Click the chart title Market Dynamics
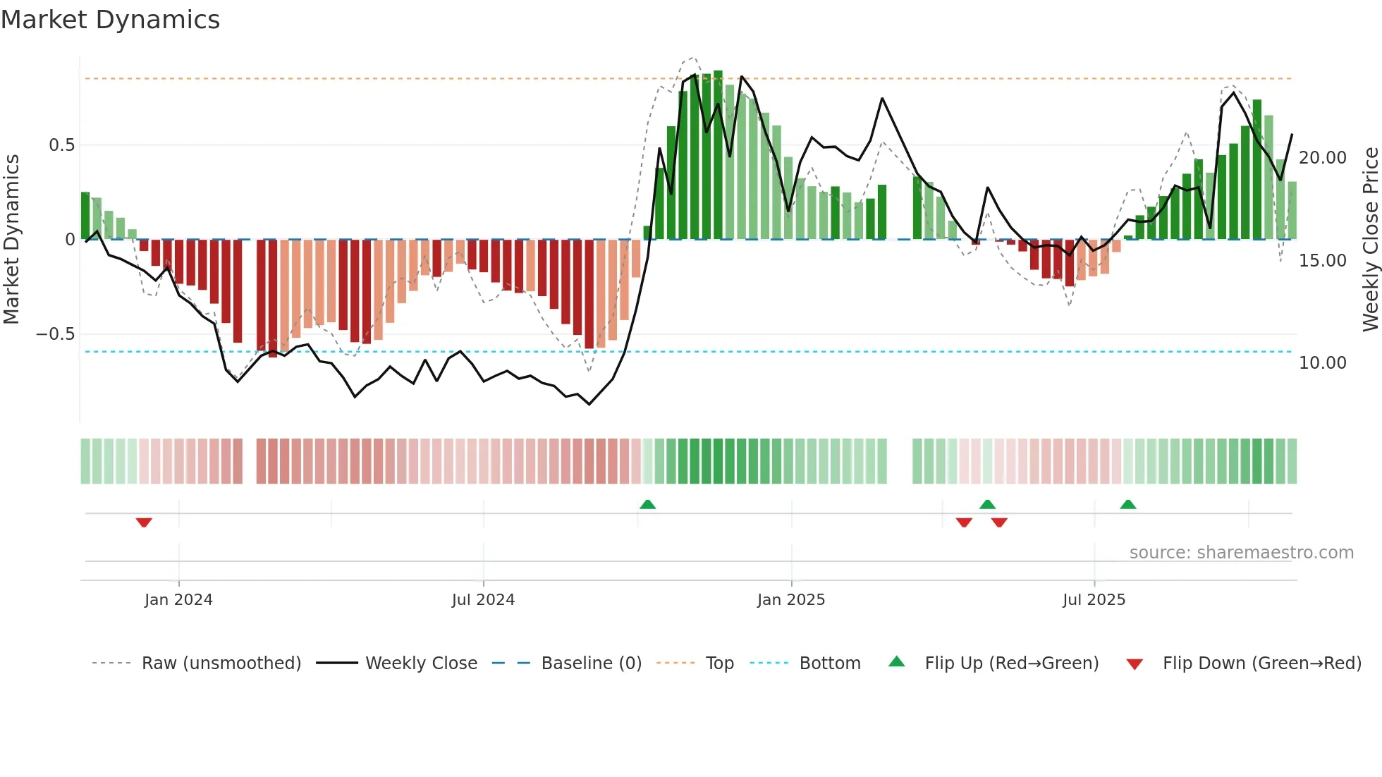pyautogui.click(x=111, y=20)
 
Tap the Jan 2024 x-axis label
pyautogui.click(x=178, y=600)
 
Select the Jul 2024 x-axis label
pyautogui.click(x=483, y=600)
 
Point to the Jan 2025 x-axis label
pyautogui.click(x=791, y=600)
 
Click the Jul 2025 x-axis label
pyautogui.click(x=1094, y=600)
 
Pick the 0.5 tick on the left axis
pyautogui.click(x=61, y=145)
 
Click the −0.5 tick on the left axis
pyautogui.click(x=56, y=334)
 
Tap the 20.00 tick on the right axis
pyautogui.click(x=1322, y=158)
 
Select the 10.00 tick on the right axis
pyautogui.click(x=1322, y=363)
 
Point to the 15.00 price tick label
pyautogui.click(x=1322, y=261)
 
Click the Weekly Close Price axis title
pyautogui.click(x=1370, y=239)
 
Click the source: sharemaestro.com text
pyautogui.click(x=1241, y=553)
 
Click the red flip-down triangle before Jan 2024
pyautogui.click(x=144, y=522)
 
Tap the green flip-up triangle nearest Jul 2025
pyautogui.click(x=1127, y=504)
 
